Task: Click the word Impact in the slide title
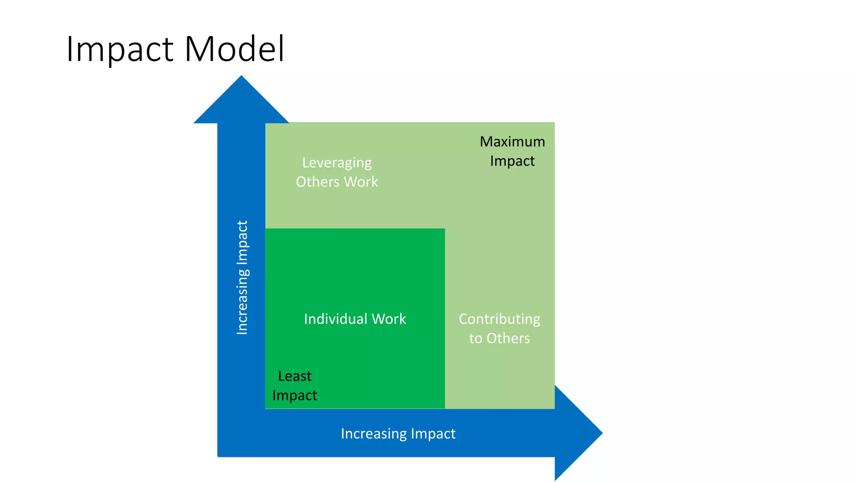pyautogui.click(x=120, y=49)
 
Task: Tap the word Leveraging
pyautogui.click(x=337, y=163)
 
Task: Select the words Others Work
pyautogui.click(x=337, y=182)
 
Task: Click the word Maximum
pyautogui.click(x=512, y=142)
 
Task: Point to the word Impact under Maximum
pyautogui.click(x=512, y=161)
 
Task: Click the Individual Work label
pyautogui.click(x=355, y=319)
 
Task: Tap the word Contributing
pyautogui.click(x=499, y=319)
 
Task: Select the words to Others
pyautogui.click(x=499, y=338)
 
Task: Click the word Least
pyautogui.click(x=295, y=376)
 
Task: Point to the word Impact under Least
pyautogui.click(x=295, y=395)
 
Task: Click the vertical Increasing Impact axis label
pyautogui.click(x=242, y=277)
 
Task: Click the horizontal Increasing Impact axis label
pyautogui.click(x=398, y=433)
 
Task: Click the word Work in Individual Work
pyautogui.click(x=389, y=319)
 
